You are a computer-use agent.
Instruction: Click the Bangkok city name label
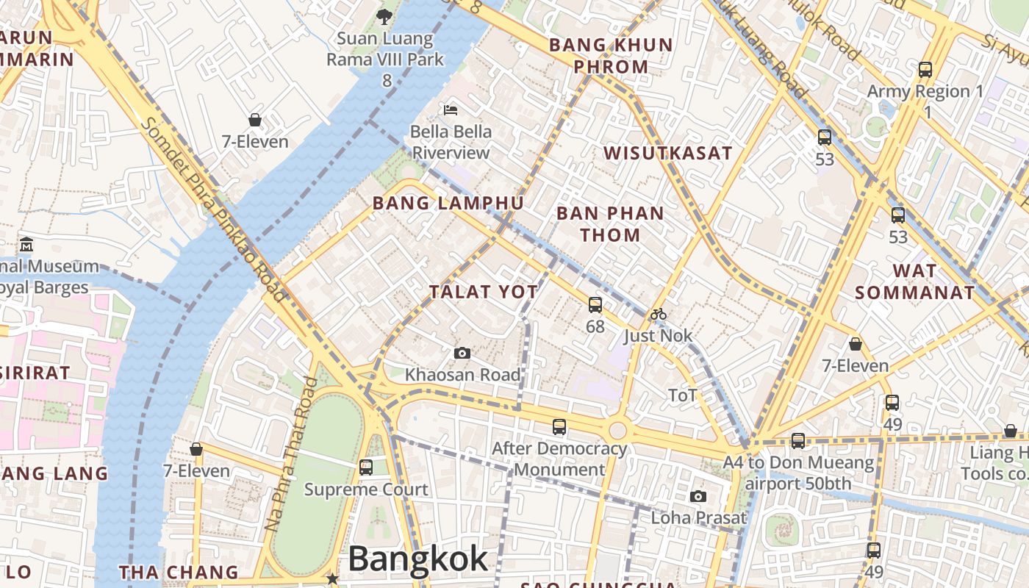click(x=417, y=559)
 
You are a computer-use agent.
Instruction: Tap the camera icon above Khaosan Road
click(x=462, y=354)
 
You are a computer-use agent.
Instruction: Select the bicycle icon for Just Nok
click(x=658, y=315)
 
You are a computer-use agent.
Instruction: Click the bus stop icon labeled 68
click(x=595, y=304)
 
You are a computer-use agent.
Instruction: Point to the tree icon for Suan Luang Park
click(x=384, y=15)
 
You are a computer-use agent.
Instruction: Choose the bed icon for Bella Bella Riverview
click(x=451, y=110)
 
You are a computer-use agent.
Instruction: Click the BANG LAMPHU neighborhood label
click(x=448, y=204)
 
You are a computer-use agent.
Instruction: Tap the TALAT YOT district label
click(x=484, y=292)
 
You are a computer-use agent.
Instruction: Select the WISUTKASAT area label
click(x=667, y=153)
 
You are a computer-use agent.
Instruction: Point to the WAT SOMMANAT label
click(x=914, y=282)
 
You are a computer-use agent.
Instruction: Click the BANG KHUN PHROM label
click(x=611, y=55)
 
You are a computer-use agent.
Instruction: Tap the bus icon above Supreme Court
click(x=365, y=467)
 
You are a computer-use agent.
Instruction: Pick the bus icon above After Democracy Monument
click(x=559, y=426)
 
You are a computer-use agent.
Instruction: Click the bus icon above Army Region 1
click(x=925, y=70)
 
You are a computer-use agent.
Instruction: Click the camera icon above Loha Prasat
click(x=698, y=496)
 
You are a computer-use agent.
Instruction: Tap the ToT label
click(x=683, y=395)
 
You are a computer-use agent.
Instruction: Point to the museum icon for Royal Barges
click(x=26, y=244)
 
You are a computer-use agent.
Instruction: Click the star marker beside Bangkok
click(x=333, y=578)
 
